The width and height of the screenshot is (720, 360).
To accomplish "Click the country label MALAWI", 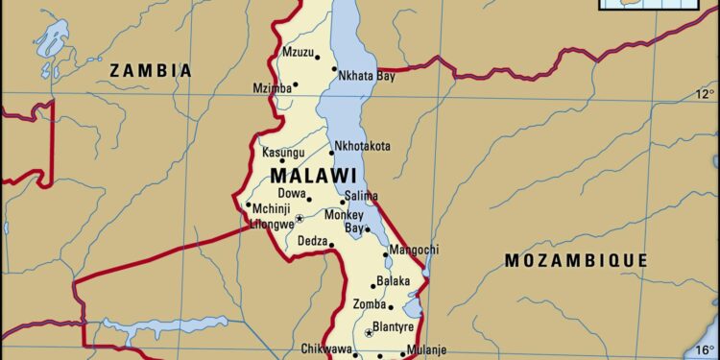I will [x=313, y=177].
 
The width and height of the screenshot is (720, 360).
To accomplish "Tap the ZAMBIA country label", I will [x=150, y=70].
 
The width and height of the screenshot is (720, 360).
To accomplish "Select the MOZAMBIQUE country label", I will [x=576, y=260].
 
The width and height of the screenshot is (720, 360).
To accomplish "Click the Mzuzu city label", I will [x=299, y=51].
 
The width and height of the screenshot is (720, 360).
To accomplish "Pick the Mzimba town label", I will [x=274, y=87].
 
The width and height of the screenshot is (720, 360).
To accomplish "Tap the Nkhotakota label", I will [x=362, y=146].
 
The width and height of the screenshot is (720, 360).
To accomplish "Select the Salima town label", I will [x=361, y=196].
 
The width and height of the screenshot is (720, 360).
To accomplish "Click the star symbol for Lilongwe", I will [x=299, y=218].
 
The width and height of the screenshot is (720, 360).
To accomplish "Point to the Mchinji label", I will [x=272, y=209].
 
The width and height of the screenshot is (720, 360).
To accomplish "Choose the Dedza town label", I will [x=313, y=241].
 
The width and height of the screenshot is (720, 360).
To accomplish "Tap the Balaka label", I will [x=393, y=281].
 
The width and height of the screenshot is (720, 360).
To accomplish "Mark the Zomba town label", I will [x=370, y=304].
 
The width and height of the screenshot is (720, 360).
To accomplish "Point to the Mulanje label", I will [x=424, y=349].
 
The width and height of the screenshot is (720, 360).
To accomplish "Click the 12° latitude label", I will [x=705, y=93].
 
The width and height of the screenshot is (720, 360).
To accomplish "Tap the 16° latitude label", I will [x=705, y=348].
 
